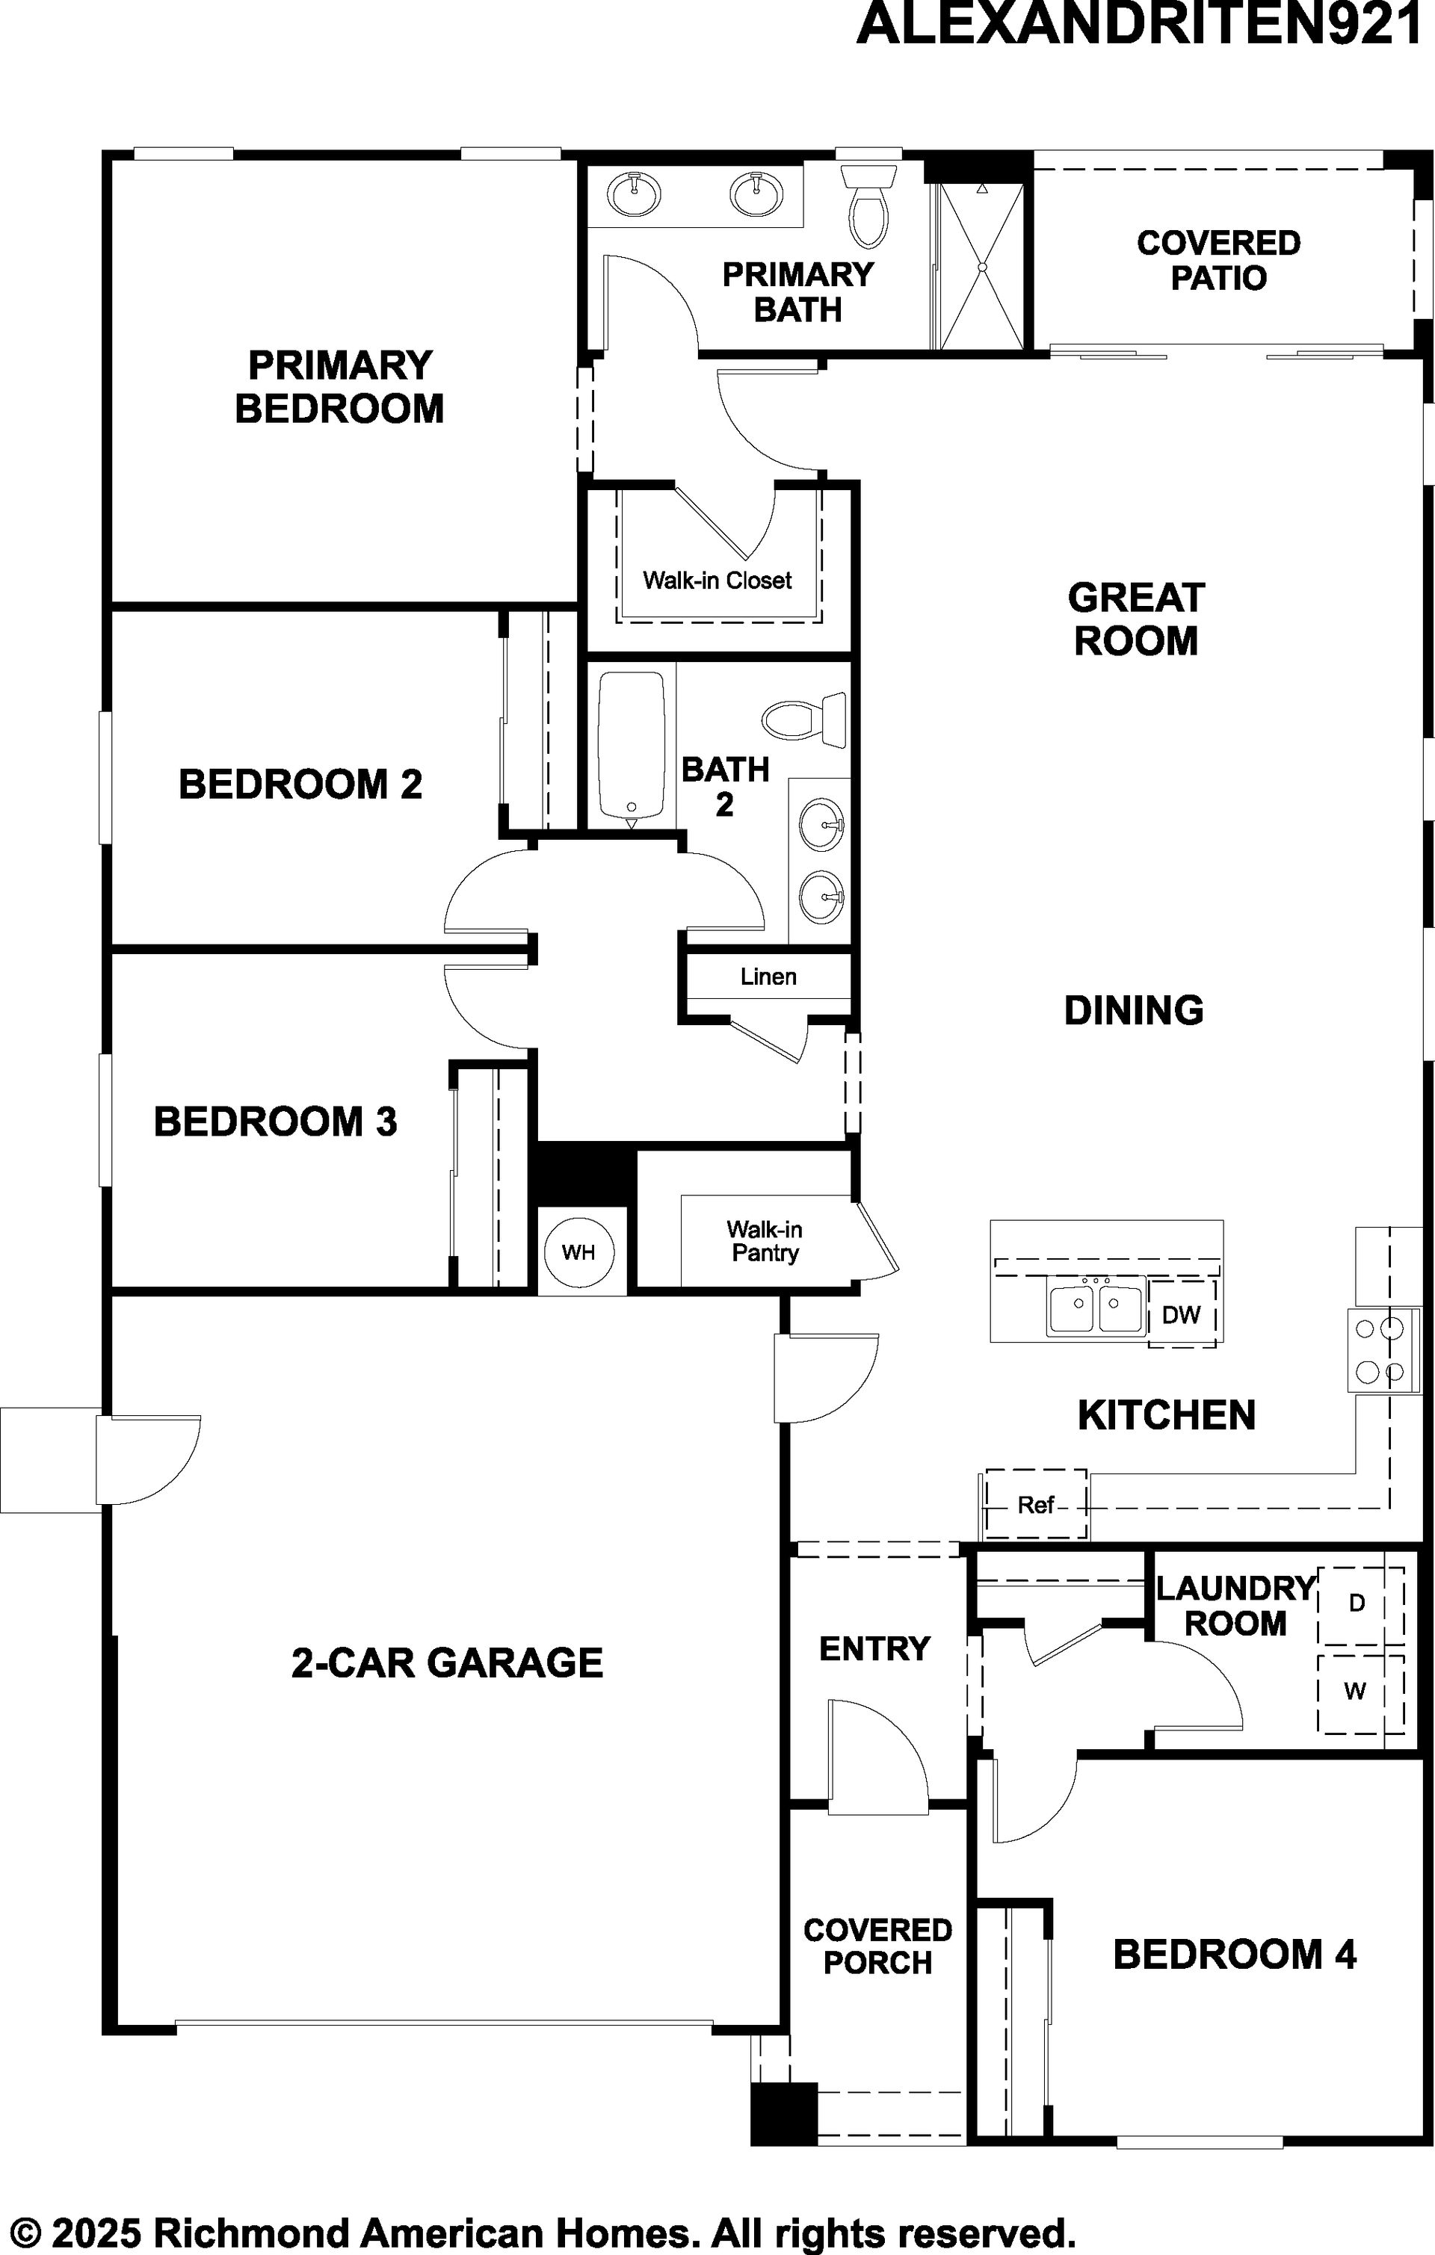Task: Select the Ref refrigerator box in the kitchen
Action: point(1036,1504)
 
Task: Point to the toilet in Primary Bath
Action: point(870,204)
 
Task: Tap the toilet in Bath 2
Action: point(803,720)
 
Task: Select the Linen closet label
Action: point(768,977)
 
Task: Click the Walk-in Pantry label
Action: point(765,1241)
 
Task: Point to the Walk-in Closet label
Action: point(717,581)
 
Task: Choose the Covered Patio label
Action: point(1218,260)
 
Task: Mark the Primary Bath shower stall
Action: point(981,266)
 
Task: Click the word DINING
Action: point(1133,1009)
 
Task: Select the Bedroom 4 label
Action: point(1235,1955)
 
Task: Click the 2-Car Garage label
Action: point(447,1662)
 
